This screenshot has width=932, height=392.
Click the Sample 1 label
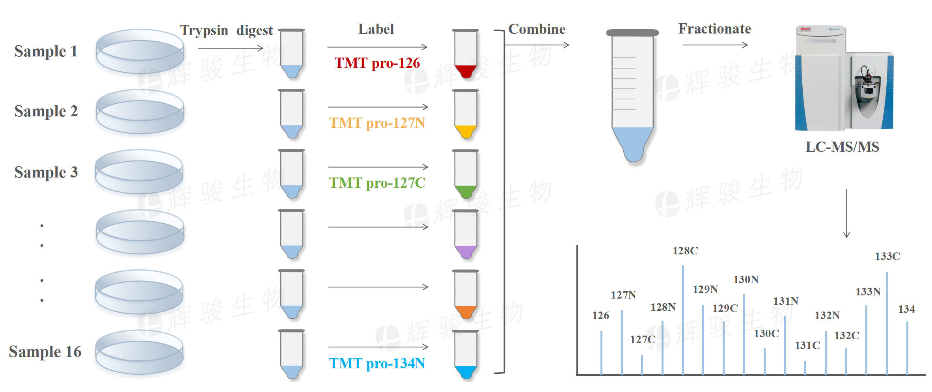click(x=46, y=51)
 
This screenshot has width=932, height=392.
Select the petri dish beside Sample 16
click(x=140, y=352)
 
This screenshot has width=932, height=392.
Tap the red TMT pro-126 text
click(x=377, y=63)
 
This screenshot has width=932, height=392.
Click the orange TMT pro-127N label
click(x=377, y=123)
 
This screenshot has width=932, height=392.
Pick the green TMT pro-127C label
click(x=377, y=183)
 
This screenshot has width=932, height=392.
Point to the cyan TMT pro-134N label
click(x=377, y=364)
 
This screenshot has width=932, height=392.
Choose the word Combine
click(x=537, y=29)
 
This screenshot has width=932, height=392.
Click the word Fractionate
click(x=714, y=29)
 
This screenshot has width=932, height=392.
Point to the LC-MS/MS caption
click(x=842, y=147)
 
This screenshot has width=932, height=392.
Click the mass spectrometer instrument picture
click(x=844, y=79)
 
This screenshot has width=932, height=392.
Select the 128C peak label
click(x=685, y=251)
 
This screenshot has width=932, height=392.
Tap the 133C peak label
click(x=887, y=256)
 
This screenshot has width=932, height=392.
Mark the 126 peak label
click(x=600, y=315)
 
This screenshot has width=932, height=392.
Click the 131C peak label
click(x=807, y=345)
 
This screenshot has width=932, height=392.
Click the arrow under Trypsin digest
click(x=231, y=48)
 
